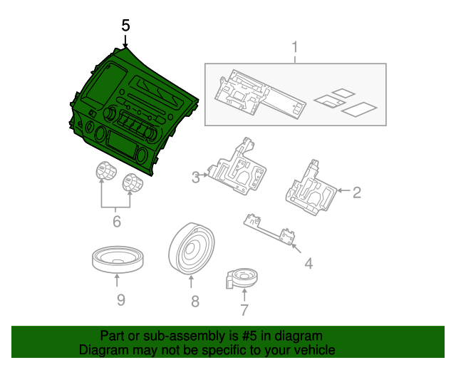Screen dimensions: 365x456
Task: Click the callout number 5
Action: (x=125, y=25)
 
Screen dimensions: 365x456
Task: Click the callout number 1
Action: (x=294, y=49)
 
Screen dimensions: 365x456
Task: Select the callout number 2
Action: (x=357, y=191)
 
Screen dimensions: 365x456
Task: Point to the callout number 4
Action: (x=309, y=263)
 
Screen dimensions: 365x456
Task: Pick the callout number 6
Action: (x=117, y=222)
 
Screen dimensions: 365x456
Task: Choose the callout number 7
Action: (x=244, y=310)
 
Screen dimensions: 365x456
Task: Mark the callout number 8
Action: (x=195, y=302)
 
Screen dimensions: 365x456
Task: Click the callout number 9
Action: (x=120, y=299)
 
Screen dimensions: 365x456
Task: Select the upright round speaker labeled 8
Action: (x=190, y=249)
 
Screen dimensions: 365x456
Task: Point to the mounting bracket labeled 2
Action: (x=309, y=187)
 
